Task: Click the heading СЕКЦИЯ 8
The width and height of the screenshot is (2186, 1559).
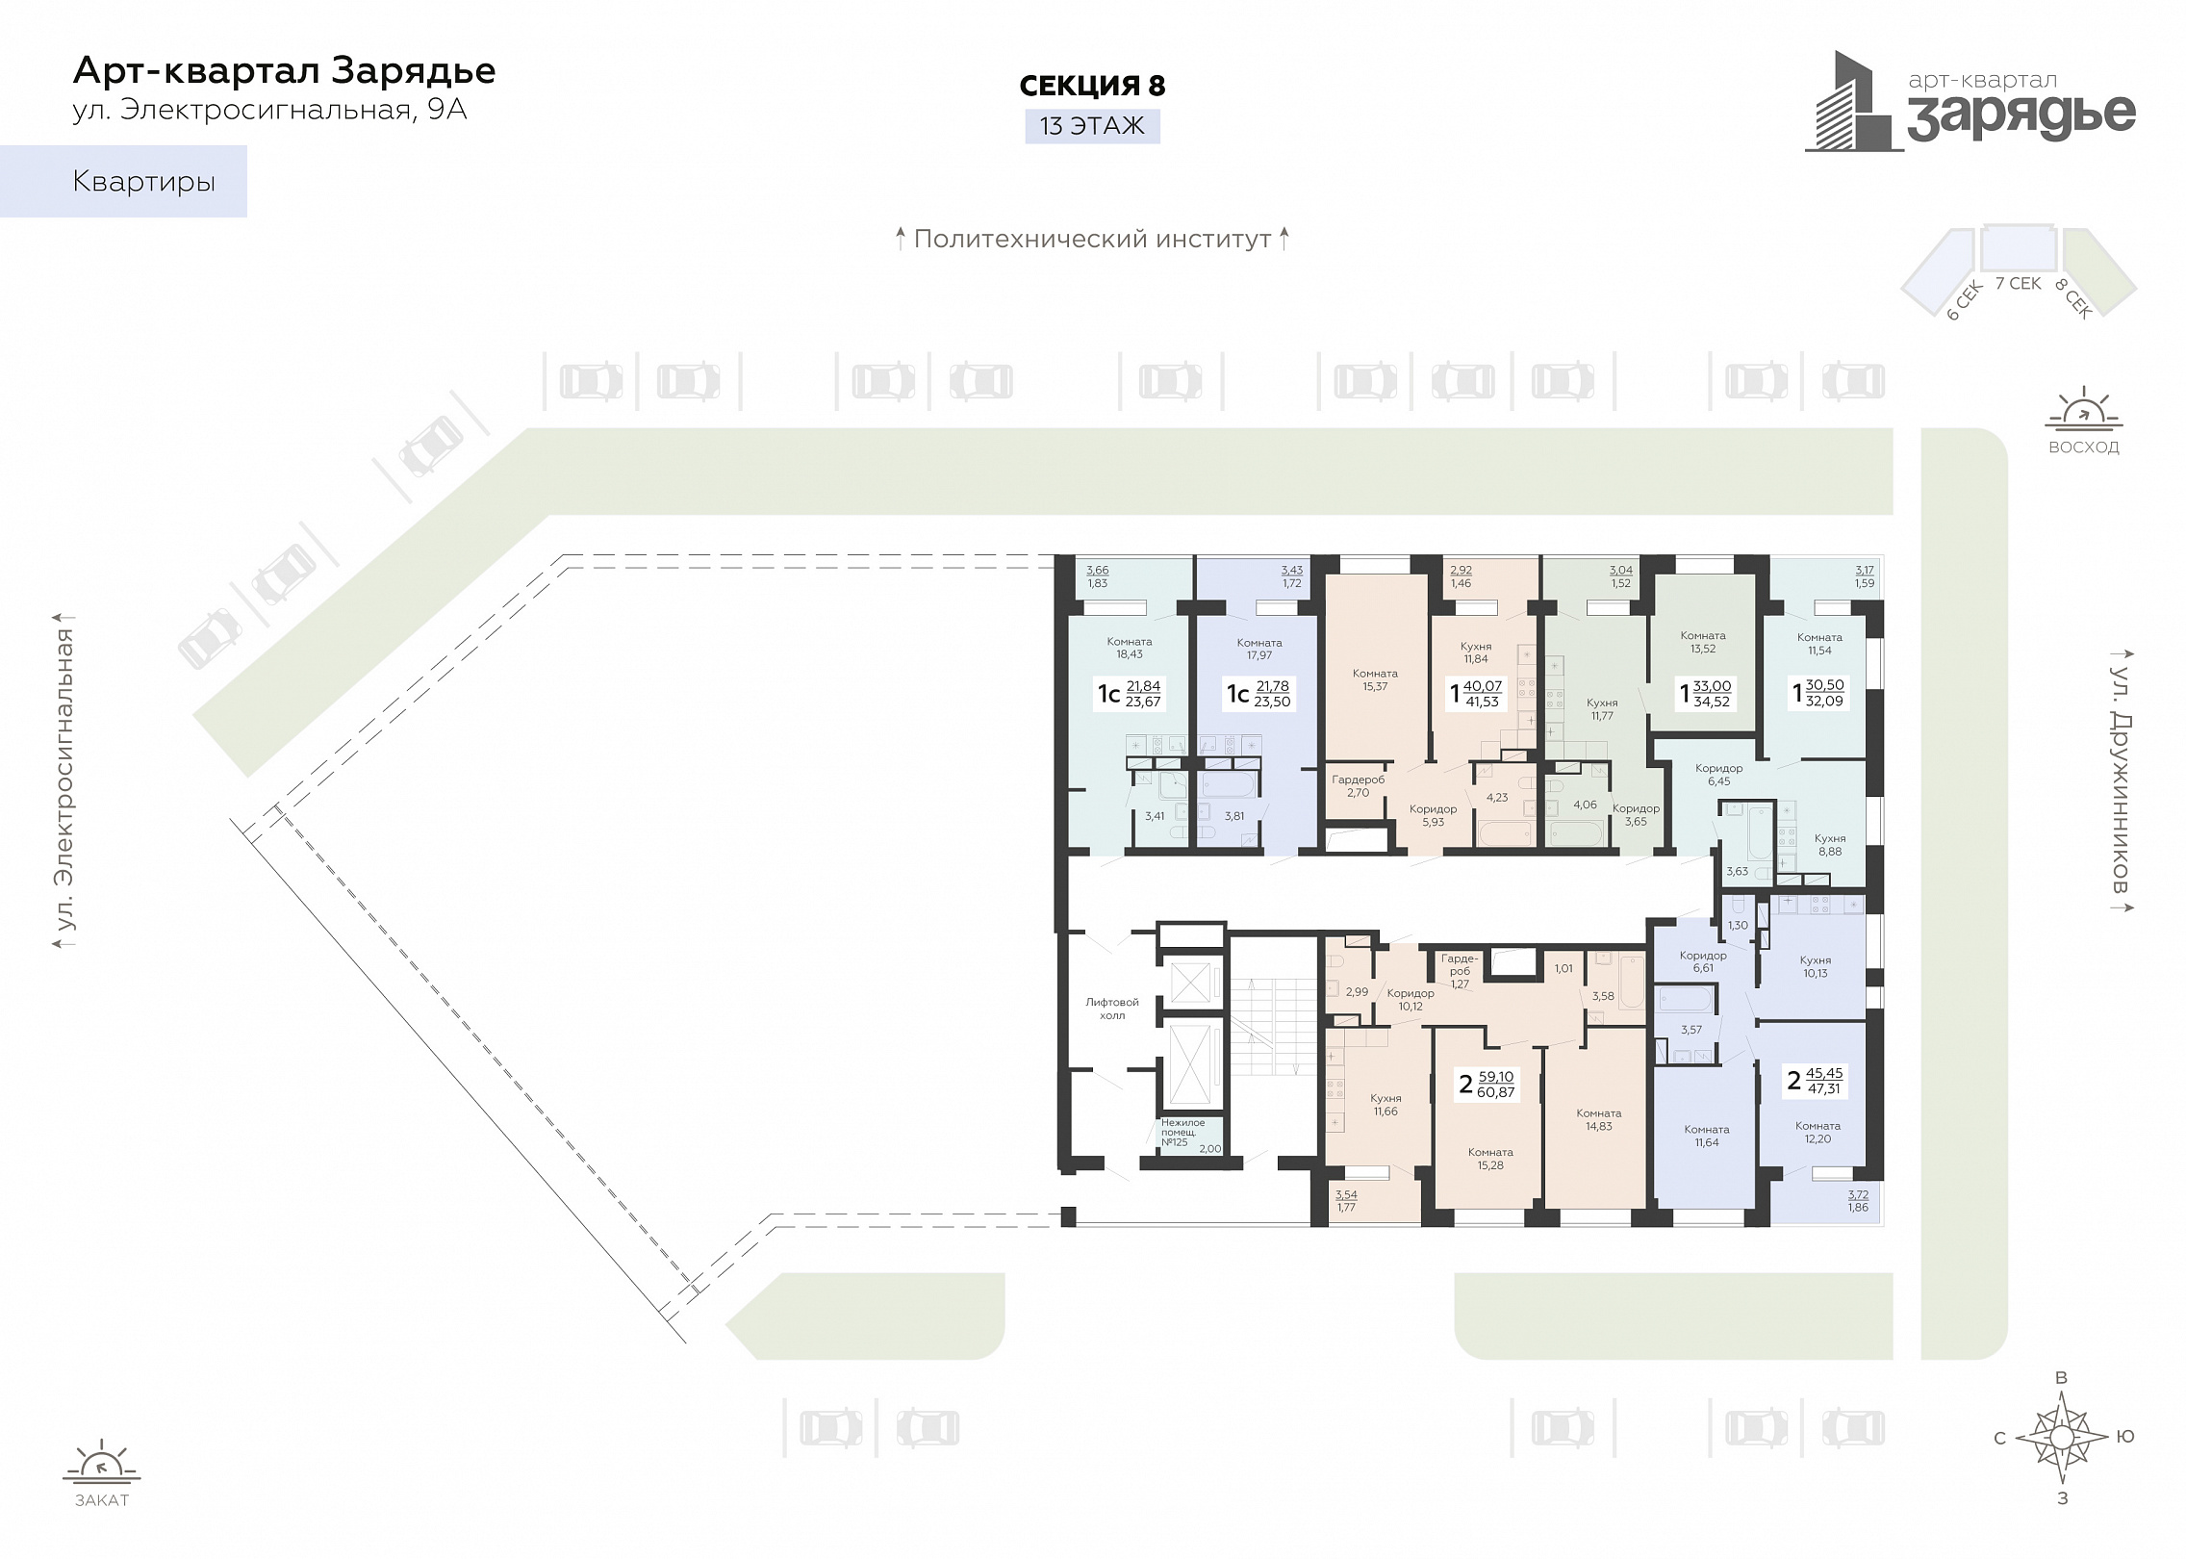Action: coord(1092,86)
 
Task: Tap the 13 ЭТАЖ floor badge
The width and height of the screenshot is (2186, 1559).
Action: coord(1092,126)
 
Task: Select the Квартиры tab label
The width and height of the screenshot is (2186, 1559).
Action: coord(144,182)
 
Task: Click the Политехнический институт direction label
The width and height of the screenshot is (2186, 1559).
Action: coord(1092,239)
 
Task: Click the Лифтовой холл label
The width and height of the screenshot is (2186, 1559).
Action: coord(1112,1009)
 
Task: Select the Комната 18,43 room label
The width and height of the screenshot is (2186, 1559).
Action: coord(1130,648)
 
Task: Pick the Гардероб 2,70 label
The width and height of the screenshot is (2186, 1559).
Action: coord(1359,786)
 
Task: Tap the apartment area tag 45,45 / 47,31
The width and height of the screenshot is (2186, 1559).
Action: coord(1815,1081)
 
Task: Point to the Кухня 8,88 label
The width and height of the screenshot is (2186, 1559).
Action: coord(1830,845)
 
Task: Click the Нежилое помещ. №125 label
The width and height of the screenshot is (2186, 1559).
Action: coord(1182,1133)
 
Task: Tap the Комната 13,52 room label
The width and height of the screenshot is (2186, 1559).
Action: coord(1703,642)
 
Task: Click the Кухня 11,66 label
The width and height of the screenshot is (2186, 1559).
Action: coord(1385,1105)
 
